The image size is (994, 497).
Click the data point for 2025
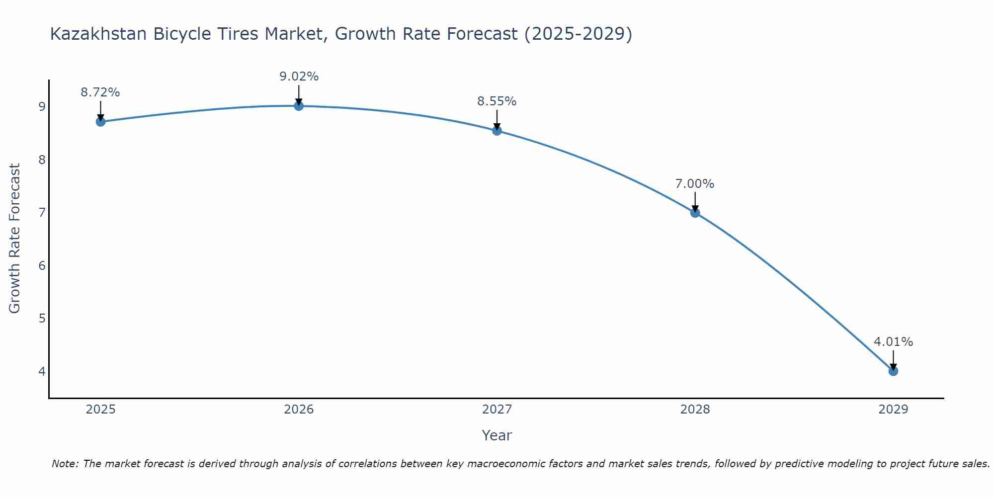point(100,122)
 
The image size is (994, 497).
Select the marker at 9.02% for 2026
point(299,106)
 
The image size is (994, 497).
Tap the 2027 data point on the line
point(497,131)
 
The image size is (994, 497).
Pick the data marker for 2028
point(695,213)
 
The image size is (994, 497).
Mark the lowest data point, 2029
point(893,371)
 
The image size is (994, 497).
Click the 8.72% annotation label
point(100,92)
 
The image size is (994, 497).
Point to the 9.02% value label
point(299,77)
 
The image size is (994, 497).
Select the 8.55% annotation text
point(497,101)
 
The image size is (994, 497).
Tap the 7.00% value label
point(695,184)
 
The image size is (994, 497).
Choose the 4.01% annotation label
point(893,342)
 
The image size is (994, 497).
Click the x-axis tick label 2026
point(299,410)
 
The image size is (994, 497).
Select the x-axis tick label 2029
point(893,410)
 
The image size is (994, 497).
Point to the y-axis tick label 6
point(42,265)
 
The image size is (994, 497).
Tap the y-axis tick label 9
point(42,107)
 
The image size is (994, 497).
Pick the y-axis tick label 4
point(42,371)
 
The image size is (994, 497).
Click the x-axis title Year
point(497,435)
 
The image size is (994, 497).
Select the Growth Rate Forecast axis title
point(15,239)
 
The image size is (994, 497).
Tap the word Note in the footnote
point(65,464)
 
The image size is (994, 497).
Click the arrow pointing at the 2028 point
point(695,201)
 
